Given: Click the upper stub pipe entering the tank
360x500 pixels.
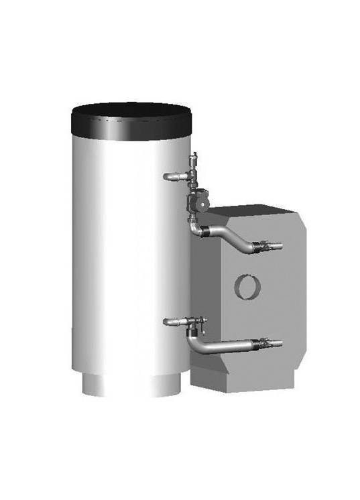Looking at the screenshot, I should (173, 176).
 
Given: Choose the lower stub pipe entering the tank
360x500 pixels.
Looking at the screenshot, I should (173, 322).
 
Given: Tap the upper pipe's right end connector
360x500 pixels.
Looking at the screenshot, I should (276, 247).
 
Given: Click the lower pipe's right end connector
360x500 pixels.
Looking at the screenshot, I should (277, 345).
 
